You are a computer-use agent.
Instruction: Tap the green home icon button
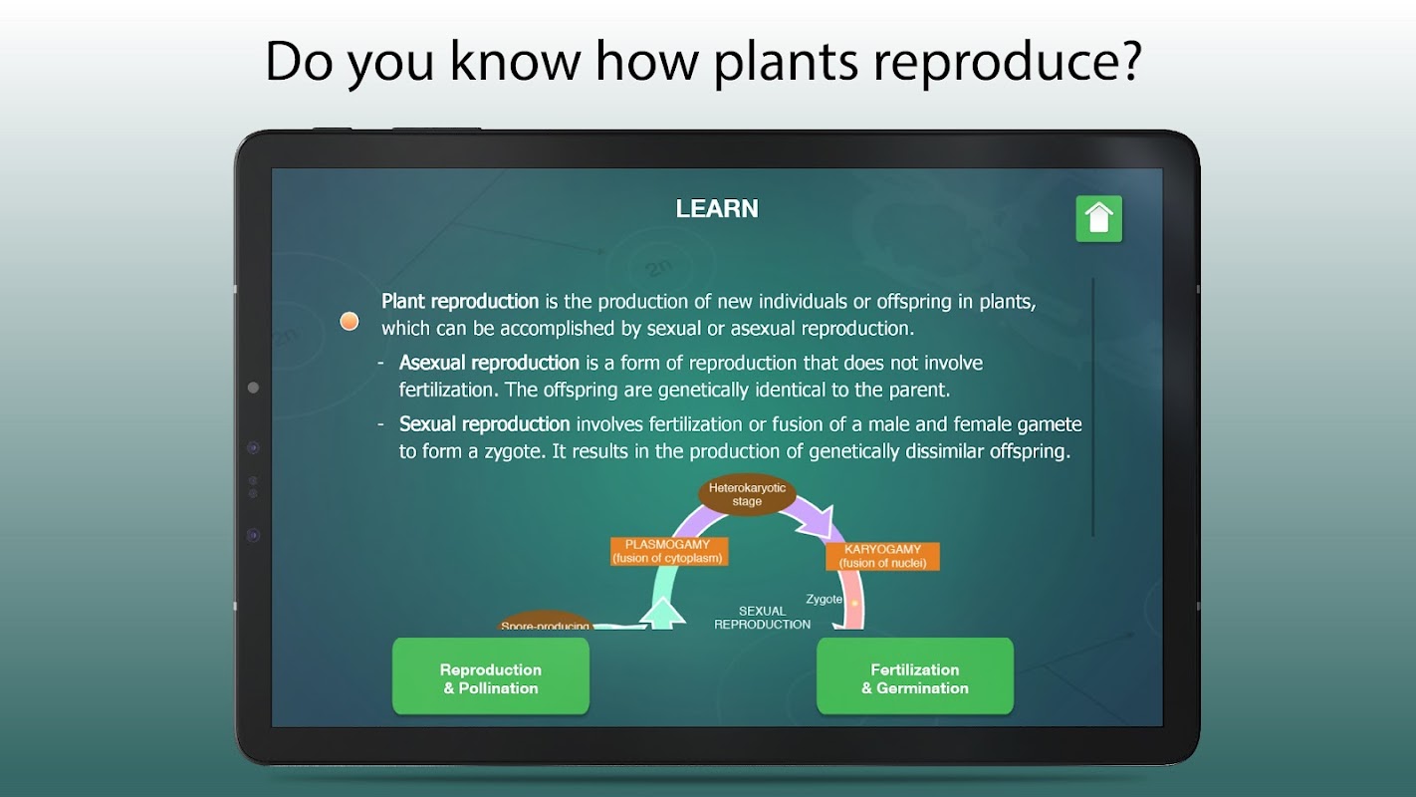pos(1098,219)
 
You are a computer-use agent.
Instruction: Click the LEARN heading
pos(717,209)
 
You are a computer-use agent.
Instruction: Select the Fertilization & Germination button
pos(915,676)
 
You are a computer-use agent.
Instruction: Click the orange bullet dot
pos(349,322)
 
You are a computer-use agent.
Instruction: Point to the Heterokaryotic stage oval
pos(747,495)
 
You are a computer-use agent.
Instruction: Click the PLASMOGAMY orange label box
pos(669,552)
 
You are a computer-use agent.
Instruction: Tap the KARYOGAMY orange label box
pos(882,556)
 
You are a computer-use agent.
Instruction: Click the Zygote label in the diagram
pos(824,599)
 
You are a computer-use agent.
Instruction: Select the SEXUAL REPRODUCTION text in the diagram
pos(763,618)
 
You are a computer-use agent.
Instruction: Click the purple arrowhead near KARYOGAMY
pos(819,522)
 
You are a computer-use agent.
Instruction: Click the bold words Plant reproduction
pos(460,302)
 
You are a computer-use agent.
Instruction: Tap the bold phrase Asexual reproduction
pos(489,363)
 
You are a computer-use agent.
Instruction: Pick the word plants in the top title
pos(786,62)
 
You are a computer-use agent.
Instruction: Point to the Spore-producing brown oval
pos(546,621)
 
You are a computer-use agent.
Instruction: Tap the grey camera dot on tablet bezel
pos(254,388)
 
